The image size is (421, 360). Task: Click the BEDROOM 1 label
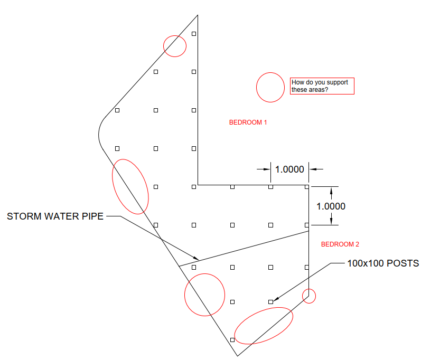coord(248,122)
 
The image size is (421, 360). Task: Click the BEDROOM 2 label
coord(340,244)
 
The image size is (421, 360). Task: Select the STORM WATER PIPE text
coord(55,216)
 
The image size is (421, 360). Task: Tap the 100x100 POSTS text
coord(383,263)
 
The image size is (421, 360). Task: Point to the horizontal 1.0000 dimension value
coord(289,169)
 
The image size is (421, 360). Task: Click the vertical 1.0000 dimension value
coord(331,206)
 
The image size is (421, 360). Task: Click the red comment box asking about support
coord(322,86)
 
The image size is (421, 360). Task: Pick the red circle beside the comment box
coord(270,87)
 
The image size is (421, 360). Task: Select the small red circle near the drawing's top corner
coord(174,46)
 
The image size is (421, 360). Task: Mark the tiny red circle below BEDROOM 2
coord(309,296)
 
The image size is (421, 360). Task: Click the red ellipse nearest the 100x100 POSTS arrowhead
coord(264,326)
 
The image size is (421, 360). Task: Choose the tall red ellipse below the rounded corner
coord(130,186)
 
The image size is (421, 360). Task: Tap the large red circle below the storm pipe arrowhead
coord(204,295)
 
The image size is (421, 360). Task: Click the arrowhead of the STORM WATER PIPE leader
coord(197,259)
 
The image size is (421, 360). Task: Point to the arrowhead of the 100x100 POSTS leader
coord(276,299)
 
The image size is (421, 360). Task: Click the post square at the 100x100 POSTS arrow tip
coord(270,302)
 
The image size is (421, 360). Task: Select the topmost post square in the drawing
coord(194,34)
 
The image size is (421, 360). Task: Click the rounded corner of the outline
coord(100,132)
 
